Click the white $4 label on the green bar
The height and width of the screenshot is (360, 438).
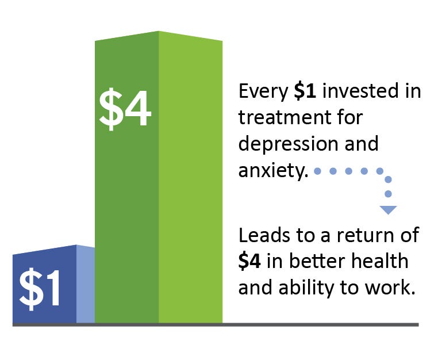tap(125, 109)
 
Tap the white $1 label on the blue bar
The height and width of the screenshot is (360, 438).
tap(40, 289)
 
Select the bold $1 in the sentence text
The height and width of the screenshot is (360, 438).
tap(305, 91)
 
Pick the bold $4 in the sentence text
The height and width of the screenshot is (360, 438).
tap(249, 261)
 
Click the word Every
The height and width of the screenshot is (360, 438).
tap(263, 92)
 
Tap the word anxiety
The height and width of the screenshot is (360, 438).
tap(273, 171)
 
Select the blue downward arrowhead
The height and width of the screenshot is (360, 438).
tap(388, 210)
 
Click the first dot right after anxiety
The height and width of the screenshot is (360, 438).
tap(317, 171)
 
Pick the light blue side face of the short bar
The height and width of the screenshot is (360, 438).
tap(86, 284)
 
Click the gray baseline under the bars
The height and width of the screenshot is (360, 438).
tap(216, 325)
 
